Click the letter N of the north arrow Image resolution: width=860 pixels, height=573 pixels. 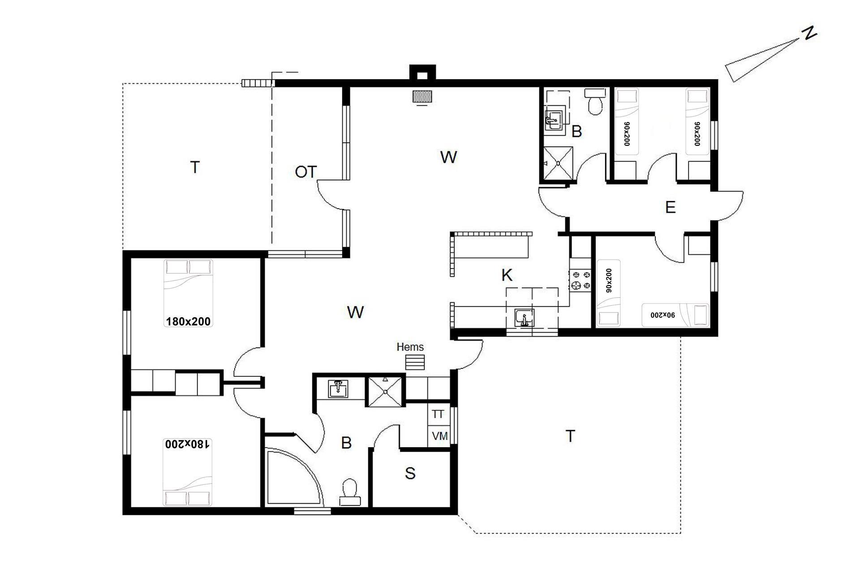(x=809, y=34)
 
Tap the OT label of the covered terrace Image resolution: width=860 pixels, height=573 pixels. (x=306, y=172)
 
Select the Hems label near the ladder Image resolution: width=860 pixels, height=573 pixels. (x=410, y=346)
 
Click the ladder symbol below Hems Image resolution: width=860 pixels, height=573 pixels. (x=415, y=362)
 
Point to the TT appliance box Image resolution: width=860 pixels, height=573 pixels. (x=438, y=415)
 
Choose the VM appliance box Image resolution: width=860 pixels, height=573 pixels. (x=439, y=436)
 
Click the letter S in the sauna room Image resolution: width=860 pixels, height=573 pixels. (x=410, y=473)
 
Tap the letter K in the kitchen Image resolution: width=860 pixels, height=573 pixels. (x=507, y=275)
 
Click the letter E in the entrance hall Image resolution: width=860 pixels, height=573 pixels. (x=670, y=207)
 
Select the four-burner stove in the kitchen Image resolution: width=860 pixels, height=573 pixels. (x=580, y=281)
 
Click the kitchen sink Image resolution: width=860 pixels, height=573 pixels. (x=524, y=318)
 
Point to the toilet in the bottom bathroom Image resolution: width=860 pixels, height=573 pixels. (x=349, y=492)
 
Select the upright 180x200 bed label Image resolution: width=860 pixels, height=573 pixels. (x=188, y=321)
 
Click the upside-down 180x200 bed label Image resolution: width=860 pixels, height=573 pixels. (x=187, y=444)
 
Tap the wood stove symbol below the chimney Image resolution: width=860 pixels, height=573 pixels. (x=422, y=96)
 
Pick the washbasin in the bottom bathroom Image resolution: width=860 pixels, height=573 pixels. (x=339, y=389)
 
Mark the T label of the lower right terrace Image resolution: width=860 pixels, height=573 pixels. (x=570, y=436)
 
